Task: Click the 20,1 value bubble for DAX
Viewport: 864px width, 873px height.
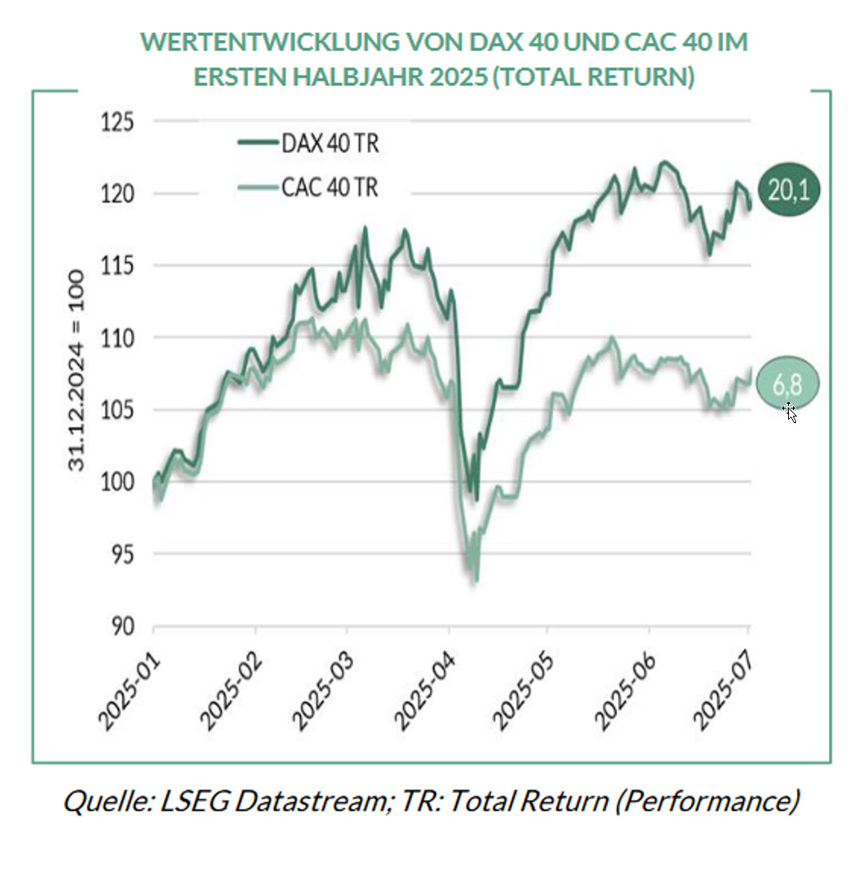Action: click(x=789, y=190)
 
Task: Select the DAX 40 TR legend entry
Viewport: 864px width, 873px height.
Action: click(x=308, y=144)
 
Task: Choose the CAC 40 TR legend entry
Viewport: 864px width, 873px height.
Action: click(x=308, y=188)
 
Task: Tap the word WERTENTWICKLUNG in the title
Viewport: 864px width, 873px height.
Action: click(x=263, y=41)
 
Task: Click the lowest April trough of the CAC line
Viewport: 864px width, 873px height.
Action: click(x=476, y=580)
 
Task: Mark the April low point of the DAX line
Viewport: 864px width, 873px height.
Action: click(x=477, y=499)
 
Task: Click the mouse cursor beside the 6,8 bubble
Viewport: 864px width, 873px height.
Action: click(x=789, y=411)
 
